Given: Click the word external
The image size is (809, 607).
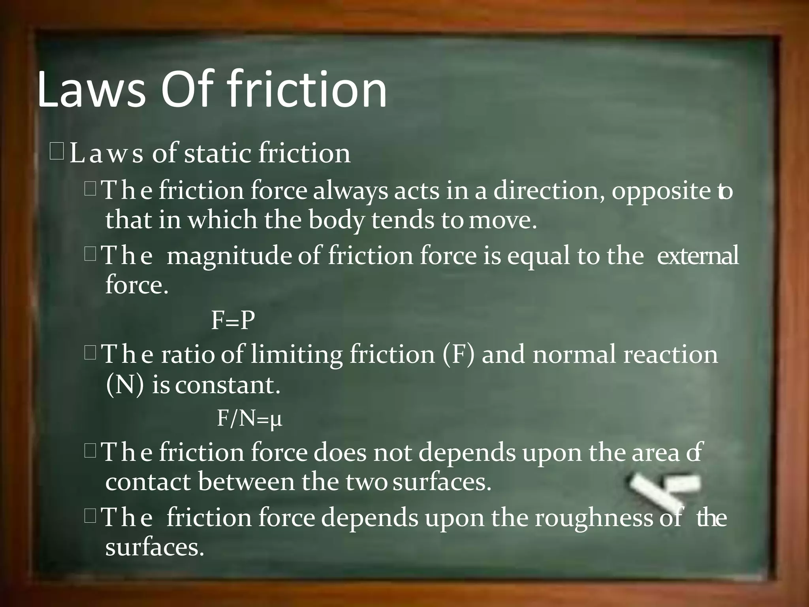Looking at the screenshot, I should click(x=698, y=256).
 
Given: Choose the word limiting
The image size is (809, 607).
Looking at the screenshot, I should click(x=296, y=354).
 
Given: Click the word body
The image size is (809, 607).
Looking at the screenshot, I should click(x=336, y=221).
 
